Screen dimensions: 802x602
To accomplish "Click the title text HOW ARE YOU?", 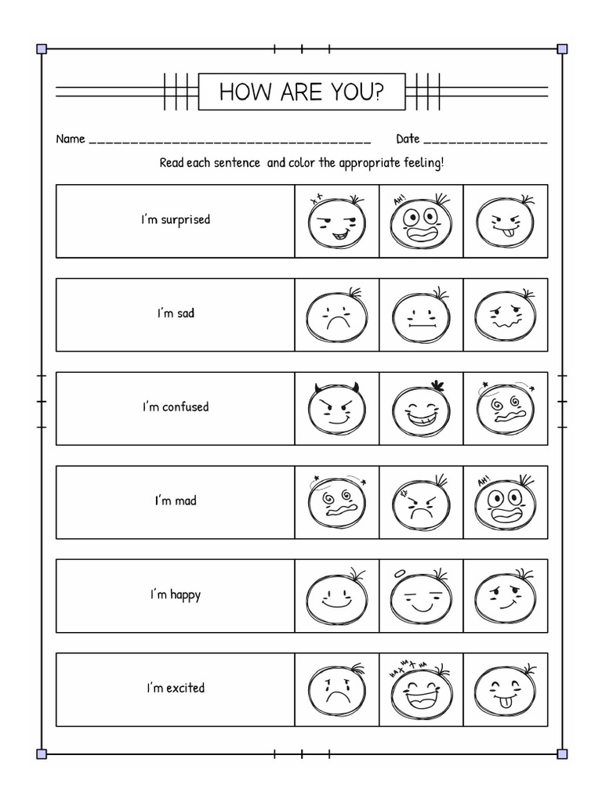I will pyautogui.click(x=301, y=92).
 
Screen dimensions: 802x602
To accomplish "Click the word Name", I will pyautogui.click(x=70, y=139).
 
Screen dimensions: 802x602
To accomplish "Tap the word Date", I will pyautogui.click(x=408, y=139).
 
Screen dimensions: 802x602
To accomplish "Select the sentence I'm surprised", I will pyautogui.click(x=176, y=220).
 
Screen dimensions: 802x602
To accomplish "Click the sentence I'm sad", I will pyautogui.click(x=176, y=313).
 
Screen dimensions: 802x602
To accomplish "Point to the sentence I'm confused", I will pyautogui.click(x=176, y=407).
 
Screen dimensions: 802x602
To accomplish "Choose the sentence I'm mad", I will pyautogui.click(x=176, y=500).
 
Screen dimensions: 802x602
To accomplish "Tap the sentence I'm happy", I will pyautogui.click(x=176, y=594).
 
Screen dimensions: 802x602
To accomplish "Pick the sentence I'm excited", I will pyautogui.click(x=176, y=688).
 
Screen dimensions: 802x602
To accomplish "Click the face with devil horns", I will pyautogui.click(x=336, y=410).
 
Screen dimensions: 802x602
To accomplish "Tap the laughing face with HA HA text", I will pyautogui.click(x=421, y=688).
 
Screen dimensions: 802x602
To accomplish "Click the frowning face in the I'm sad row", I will pyautogui.click(x=336, y=316).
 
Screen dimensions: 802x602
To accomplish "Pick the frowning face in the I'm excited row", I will pyautogui.click(x=336, y=690).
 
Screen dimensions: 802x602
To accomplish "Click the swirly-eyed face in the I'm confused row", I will pyautogui.click(x=505, y=410).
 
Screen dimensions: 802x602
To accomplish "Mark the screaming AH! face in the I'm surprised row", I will pyautogui.click(x=421, y=222).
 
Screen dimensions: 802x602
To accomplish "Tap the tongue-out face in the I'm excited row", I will pyautogui.click(x=505, y=690).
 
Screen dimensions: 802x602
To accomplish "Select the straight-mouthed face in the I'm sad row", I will pyautogui.click(x=421, y=316).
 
